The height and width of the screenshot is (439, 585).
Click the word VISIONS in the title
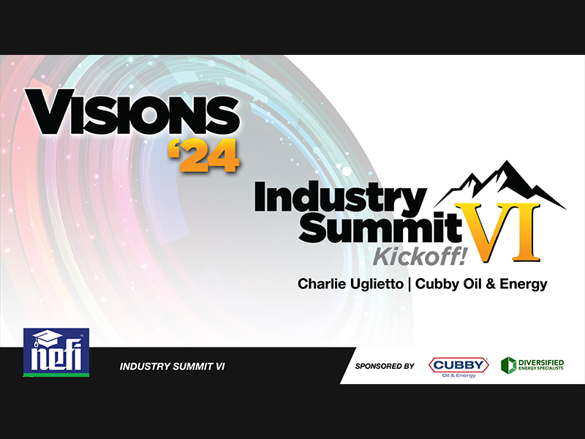point(132,112)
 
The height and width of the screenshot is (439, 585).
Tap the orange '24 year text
point(203,156)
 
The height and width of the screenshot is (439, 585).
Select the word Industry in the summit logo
point(341,198)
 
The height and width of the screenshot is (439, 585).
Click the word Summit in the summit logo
point(380,226)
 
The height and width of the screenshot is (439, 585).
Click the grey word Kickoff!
point(420,257)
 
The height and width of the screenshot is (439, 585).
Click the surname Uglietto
point(376,284)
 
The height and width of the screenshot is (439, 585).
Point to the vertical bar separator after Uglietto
point(409,284)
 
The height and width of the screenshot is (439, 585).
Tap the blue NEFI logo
point(56,352)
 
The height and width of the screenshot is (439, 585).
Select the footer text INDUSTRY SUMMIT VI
point(172,367)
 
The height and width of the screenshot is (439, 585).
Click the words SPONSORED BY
point(385,367)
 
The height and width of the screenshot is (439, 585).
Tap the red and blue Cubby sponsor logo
point(458,367)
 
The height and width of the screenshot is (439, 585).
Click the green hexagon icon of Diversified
point(508,365)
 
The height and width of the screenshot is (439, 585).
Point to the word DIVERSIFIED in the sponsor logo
point(541,362)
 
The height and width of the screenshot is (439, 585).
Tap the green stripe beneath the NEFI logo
point(56,375)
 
